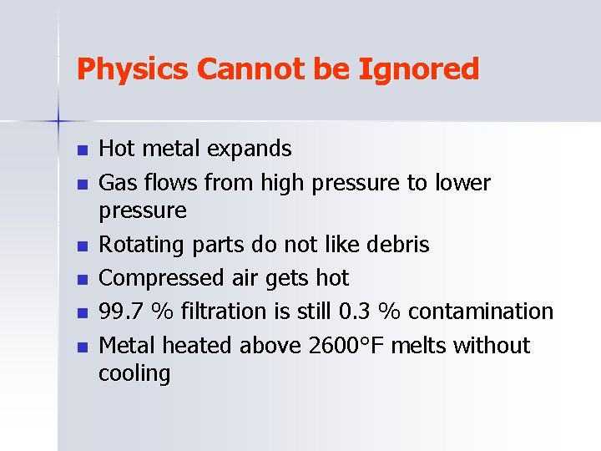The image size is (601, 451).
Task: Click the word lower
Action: [x=462, y=182]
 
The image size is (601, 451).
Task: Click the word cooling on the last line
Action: [x=134, y=374]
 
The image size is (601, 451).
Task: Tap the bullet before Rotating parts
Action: [x=81, y=246]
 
